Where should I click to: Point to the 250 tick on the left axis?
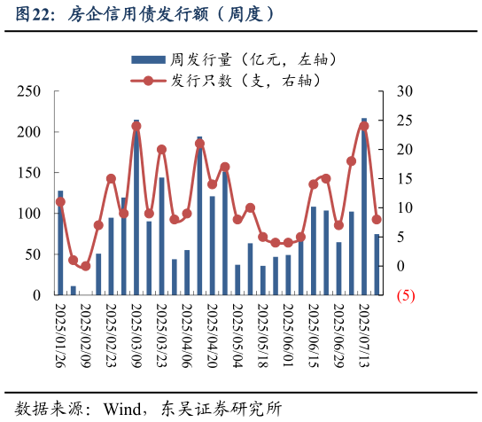(30, 91)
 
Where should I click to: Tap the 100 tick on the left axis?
(30, 214)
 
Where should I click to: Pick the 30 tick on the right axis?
(405, 91)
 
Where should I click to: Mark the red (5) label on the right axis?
(406, 295)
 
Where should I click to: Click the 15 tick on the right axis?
(405, 179)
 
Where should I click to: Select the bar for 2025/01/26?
(60, 244)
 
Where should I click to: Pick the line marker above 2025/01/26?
(60, 202)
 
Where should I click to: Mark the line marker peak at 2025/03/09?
(136, 126)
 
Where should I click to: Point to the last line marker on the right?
(377, 220)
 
